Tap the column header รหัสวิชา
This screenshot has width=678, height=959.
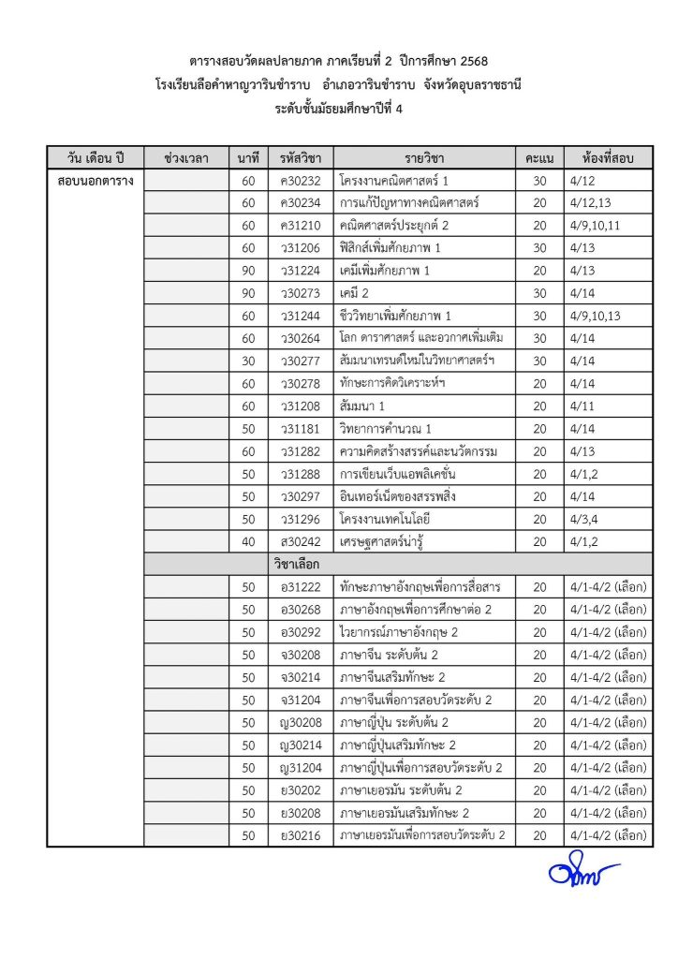pos(300,156)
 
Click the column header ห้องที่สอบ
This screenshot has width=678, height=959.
pos(608,156)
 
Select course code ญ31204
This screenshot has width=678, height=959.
pos(300,767)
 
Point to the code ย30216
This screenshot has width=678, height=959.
pos(300,834)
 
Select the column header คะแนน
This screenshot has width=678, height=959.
pos(538,156)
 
